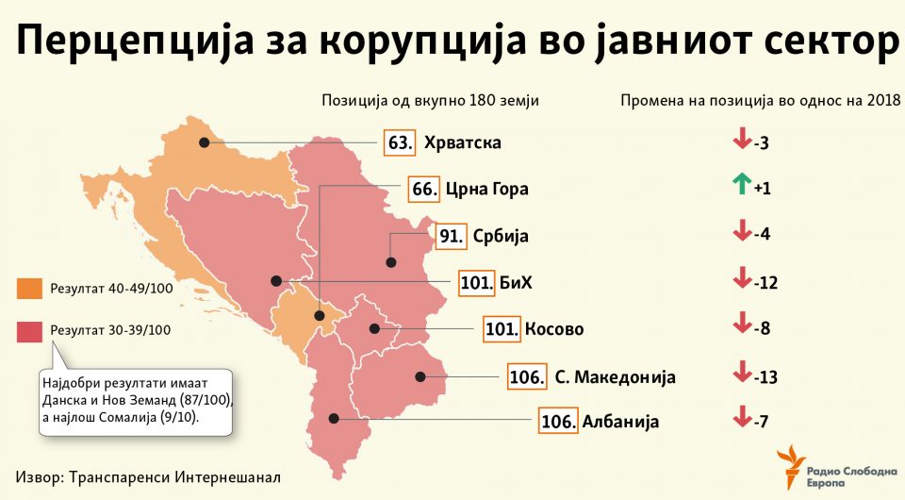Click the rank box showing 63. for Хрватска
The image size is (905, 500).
(x=400, y=143)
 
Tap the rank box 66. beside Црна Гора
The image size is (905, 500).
(x=424, y=189)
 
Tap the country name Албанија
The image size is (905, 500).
(x=620, y=422)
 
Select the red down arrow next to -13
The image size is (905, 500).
(x=741, y=375)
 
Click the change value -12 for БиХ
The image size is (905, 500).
(x=765, y=283)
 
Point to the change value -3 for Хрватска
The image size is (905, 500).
(x=762, y=143)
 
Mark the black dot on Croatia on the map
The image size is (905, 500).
(x=203, y=143)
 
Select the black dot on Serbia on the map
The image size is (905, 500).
(x=390, y=263)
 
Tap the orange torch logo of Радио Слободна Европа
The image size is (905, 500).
(x=791, y=469)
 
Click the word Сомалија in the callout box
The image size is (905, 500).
(x=143, y=415)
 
